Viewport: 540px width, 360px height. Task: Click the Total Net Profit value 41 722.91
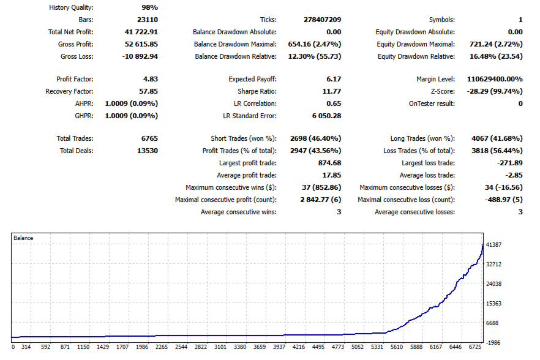(141, 32)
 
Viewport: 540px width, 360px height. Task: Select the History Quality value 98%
(150, 7)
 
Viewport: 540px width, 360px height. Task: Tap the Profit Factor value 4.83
(151, 79)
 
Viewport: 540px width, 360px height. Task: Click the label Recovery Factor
(69, 91)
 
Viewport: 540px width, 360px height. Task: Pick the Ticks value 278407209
(322, 20)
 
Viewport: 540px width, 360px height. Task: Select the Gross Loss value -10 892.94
(140, 56)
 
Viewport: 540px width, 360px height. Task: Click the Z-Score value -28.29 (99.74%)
(495, 91)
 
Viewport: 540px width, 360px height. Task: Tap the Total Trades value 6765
(149, 138)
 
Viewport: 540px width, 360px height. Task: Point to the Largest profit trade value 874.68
(329, 163)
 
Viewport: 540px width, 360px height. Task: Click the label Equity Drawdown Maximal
(416, 44)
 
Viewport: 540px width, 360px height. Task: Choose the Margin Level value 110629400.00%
(495, 79)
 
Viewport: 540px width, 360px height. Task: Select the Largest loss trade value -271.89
(509, 163)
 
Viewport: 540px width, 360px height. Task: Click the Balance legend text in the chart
(23, 238)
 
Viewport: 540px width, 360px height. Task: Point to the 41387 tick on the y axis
(493, 245)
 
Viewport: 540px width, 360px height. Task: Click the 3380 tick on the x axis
(240, 347)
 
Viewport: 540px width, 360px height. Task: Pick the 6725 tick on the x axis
(475, 347)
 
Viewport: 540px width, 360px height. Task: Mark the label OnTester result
(432, 103)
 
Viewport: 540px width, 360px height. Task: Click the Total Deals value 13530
(148, 151)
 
